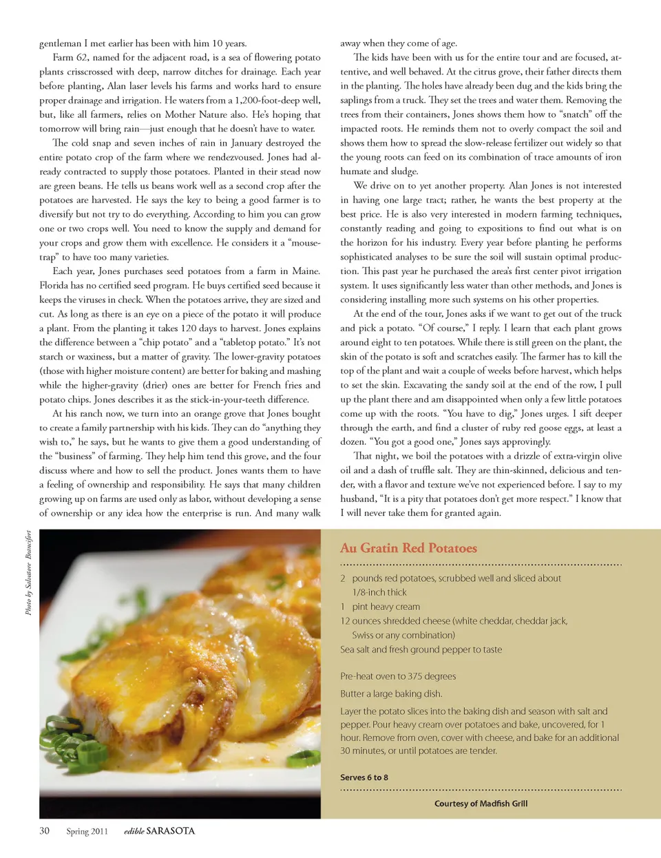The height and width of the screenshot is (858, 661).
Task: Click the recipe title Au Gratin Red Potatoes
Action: click(x=408, y=548)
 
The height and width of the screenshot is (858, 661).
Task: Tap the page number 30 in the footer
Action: click(x=44, y=830)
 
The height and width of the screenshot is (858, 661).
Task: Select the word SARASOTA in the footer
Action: click(x=171, y=830)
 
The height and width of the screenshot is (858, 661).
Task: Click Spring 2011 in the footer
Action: click(x=87, y=831)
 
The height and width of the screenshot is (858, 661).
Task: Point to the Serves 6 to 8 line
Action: click(x=364, y=777)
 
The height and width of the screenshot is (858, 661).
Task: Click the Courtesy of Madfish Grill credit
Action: click(x=481, y=804)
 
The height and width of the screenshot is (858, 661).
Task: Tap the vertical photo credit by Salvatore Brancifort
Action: click(x=29, y=572)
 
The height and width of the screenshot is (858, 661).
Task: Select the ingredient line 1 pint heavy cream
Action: click(x=380, y=607)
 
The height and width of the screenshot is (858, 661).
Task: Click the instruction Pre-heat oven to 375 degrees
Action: click(x=398, y=676)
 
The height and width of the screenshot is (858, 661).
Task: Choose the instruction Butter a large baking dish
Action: click(x=391, y=693)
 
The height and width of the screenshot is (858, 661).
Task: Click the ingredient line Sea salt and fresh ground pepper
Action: click(x=421, y=649)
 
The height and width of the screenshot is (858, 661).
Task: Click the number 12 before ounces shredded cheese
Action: click(x=345, y=621)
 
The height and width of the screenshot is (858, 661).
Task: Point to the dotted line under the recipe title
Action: click(x=481, y=565)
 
